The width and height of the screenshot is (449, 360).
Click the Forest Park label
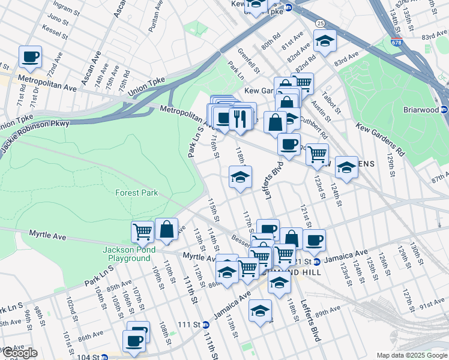pyautogui.click(x=137, y=193)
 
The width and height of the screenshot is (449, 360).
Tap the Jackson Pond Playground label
pyautogui.click(x=129, y=254)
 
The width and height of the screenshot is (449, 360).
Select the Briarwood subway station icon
pyautogui.click(x=444, y=109)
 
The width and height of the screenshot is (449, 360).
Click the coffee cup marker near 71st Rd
pyautogui.click(x=30, y=57)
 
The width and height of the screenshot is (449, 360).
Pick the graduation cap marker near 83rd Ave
pyautogui.click(x=325, y=41)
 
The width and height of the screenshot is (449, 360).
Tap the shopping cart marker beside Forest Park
pyautogui.click(x=143, y=231)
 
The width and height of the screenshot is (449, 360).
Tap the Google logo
pyautogui.click(x=20, y=353)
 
